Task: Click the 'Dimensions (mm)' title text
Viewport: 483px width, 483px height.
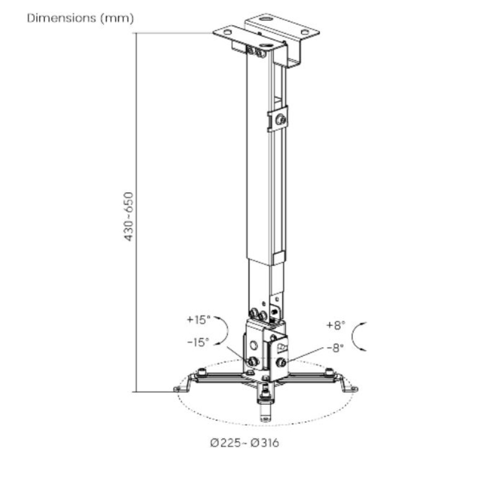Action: point(80,18)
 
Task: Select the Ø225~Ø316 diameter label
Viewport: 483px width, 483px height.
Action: point(244,443)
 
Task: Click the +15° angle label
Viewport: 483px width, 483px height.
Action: point(199,320)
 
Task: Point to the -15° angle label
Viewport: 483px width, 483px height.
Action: point(198,342)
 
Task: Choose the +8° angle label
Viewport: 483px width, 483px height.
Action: point(336,325)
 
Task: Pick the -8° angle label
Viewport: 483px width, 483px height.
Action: point(335,347)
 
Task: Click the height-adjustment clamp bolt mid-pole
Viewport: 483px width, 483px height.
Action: point(280,119)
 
